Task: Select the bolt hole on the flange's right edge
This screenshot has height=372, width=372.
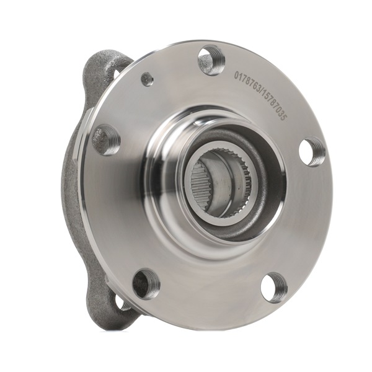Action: point(312,151)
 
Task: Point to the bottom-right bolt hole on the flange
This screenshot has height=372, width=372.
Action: point(274,287)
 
